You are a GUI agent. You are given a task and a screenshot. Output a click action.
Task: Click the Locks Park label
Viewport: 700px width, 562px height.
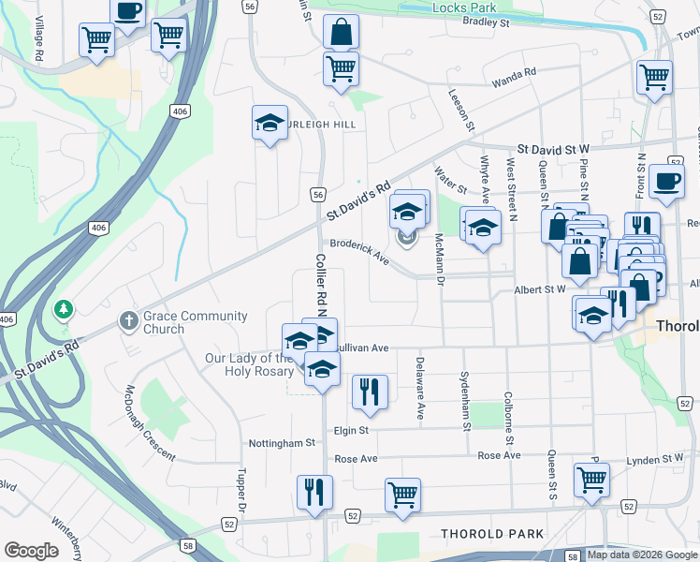pos(464,7)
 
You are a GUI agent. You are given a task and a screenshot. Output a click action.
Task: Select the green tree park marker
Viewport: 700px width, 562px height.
pos(65,308)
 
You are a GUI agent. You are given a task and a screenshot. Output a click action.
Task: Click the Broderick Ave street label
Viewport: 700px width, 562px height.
pos(359,250)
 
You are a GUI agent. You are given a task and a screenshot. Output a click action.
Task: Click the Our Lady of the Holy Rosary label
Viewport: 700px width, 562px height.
pos(249,364)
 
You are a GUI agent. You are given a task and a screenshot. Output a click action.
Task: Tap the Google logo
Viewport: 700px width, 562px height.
pos(32,551)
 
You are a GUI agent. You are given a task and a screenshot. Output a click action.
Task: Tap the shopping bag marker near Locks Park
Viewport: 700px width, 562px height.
pos(342,31)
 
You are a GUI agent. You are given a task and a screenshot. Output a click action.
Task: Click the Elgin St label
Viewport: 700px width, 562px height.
pos(351,430)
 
